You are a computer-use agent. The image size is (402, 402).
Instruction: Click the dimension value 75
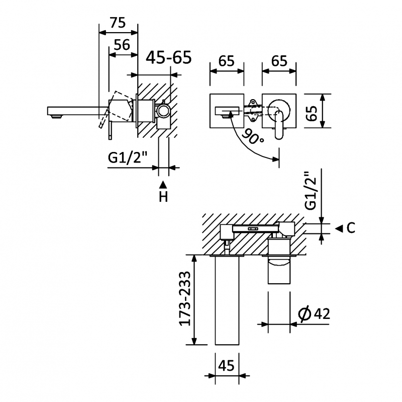coord(117,23)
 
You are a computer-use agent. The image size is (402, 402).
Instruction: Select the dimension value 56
coord(122,45)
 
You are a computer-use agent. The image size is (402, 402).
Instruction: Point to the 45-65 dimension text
coord(169,58)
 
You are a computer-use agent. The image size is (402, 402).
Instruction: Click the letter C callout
coord(351,228)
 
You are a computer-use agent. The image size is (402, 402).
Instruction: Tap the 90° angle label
coord(253,136)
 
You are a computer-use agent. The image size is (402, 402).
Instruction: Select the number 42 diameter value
coord(321,314)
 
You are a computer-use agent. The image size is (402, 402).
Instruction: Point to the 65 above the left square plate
coord(227,61)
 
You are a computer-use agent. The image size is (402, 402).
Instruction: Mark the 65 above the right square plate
coord(279,61)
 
